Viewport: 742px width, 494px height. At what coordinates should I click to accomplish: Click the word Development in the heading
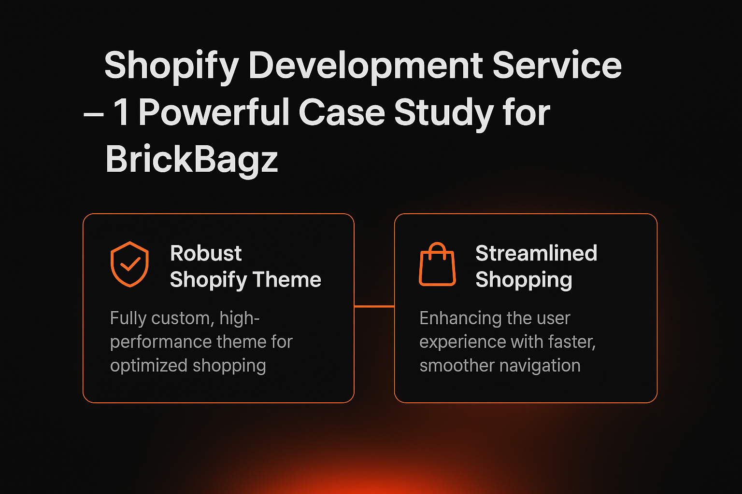coord(365,66)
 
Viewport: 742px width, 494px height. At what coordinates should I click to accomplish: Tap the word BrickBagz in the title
coord(192,160)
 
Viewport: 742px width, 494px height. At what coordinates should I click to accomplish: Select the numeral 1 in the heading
coord(121,113)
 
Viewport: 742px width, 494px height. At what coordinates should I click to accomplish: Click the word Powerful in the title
coord(214,113)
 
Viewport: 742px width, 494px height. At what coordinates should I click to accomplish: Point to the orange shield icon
coord(129,264)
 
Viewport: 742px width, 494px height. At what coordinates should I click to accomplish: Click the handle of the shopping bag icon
coord(437,249)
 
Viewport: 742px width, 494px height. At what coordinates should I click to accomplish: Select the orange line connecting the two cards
coord(374,306)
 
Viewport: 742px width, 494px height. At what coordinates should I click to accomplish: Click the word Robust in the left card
coord(206,253)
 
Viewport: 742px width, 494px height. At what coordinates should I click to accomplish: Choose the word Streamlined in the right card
coord(536,253)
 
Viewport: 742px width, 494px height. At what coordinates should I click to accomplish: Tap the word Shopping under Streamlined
coord(524,280)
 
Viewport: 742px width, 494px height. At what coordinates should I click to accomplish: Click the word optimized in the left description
coord(149,366)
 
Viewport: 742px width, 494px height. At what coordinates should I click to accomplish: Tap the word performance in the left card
coord(160,343)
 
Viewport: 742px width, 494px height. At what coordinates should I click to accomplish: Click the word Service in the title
coord(556,66)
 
